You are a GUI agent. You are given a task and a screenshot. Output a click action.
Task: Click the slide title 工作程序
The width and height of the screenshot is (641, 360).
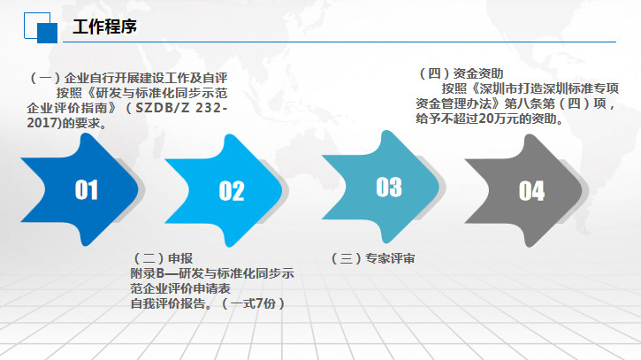point(104,27)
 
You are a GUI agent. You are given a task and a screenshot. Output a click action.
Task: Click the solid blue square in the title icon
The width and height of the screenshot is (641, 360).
point(48,33)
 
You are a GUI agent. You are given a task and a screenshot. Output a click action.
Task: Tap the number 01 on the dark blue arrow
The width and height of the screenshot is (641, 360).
point(87,190)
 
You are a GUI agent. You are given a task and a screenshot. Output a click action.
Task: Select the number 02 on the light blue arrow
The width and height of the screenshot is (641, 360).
point(232,191)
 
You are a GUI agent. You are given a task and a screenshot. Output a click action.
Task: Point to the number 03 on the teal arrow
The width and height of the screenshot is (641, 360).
point(389,187)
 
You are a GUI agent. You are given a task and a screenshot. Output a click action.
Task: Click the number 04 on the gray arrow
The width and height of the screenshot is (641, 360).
point(531,191)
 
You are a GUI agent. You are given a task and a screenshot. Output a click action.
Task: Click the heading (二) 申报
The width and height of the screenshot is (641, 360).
point(163,258)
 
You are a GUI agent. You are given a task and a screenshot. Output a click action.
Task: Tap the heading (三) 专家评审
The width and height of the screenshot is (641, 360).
point(373,258)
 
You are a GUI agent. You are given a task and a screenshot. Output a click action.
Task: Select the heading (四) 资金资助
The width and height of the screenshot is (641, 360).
point(461,73)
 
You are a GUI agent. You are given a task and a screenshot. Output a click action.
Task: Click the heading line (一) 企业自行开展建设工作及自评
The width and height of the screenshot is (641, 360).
point(128,78)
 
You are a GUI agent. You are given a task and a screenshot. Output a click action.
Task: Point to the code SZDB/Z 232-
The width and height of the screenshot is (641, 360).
point(181,108)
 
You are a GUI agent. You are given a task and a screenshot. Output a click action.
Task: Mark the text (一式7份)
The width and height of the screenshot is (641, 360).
point(253,303)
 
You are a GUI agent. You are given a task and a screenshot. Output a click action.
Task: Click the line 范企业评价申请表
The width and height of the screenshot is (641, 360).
point(180,288)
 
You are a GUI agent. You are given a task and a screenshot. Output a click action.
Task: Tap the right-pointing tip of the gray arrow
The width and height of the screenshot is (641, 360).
point(581,190)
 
